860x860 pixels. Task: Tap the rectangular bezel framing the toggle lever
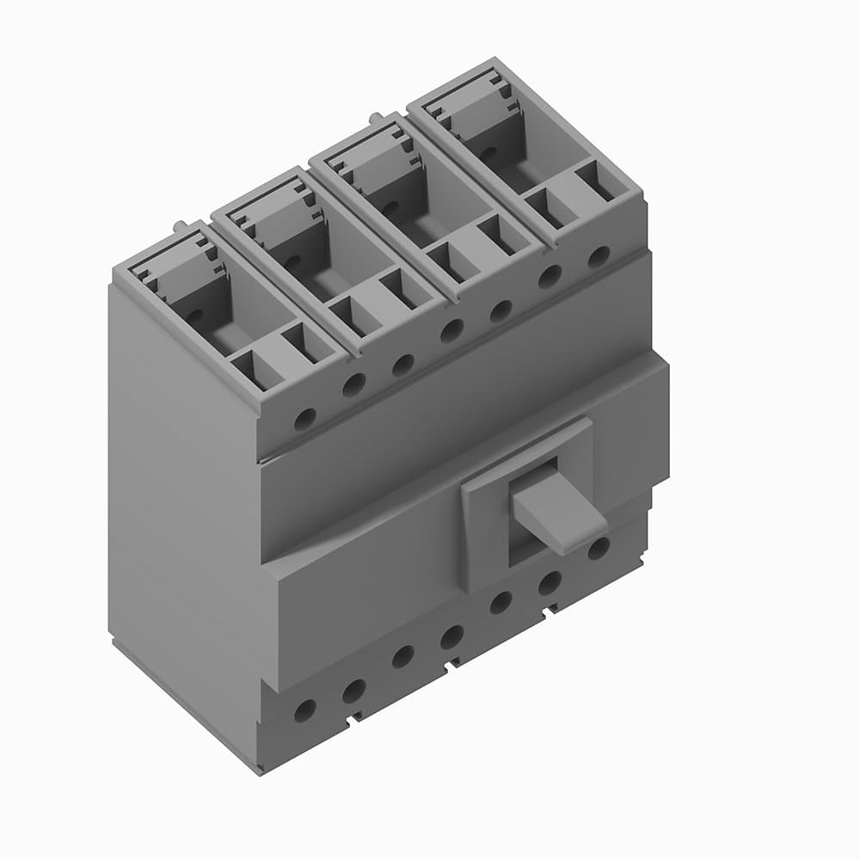coord(482,533)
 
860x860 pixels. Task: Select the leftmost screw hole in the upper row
coord(304,420)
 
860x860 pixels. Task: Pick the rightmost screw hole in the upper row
coord(599,256)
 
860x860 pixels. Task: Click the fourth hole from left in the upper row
coord(451,330)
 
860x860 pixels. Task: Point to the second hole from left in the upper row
coord(353,385)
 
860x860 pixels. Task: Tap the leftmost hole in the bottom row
coord(304,710)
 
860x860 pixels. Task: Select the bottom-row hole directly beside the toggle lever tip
coord(599,547)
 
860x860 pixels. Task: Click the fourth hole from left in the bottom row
coord(451,637)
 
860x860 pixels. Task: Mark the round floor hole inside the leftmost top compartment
coord(195,316)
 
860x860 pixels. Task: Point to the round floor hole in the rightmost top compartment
coord(488,153)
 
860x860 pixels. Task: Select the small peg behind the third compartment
coord(376,117)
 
